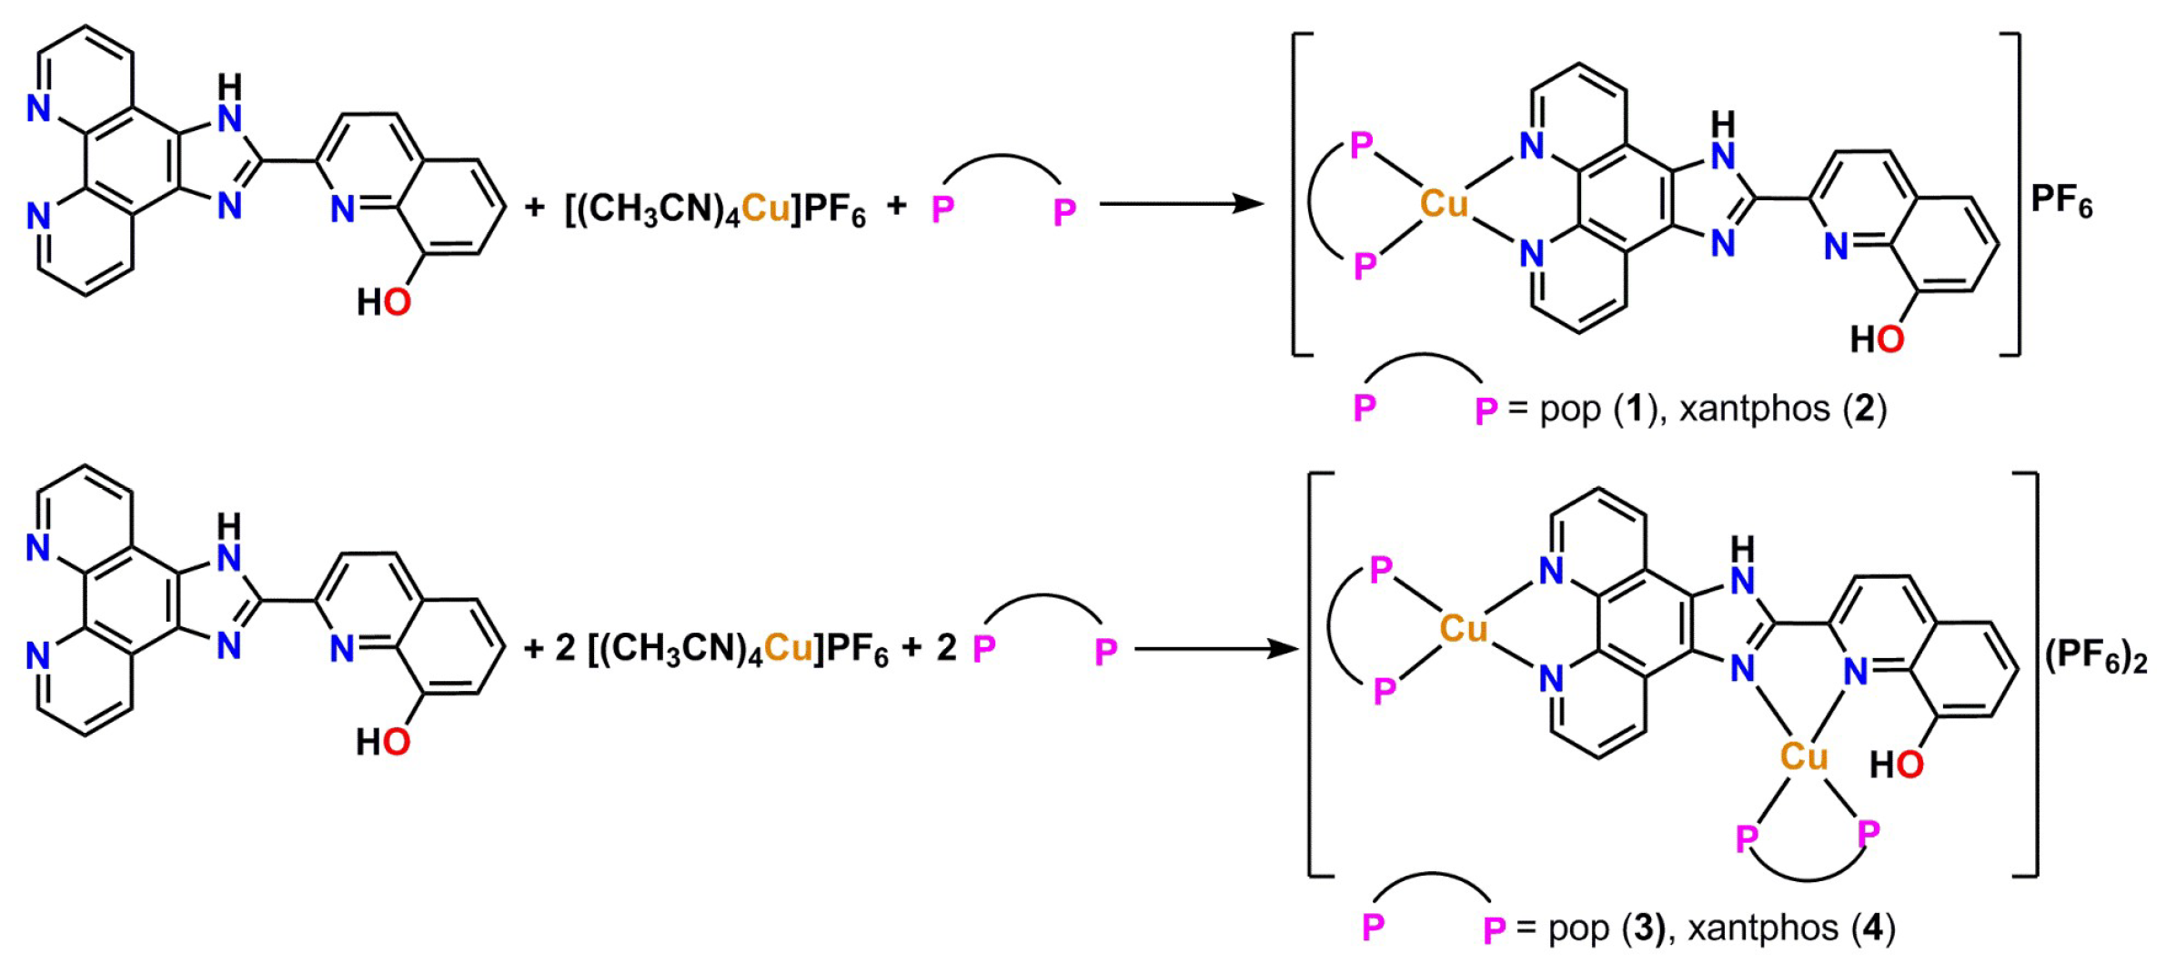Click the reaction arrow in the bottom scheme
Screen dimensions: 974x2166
point(1215,649)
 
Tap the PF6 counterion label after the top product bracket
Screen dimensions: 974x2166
point(2061,200)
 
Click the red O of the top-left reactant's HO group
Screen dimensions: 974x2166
point(397,302)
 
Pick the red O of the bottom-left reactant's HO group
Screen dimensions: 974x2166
point(396,742)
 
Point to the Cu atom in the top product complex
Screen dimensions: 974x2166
point(1445,204)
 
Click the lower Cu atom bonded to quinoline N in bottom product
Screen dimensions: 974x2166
point(1803,756)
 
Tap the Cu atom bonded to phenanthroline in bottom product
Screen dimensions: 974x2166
point(1463,628)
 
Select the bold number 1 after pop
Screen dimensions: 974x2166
point(1635,409)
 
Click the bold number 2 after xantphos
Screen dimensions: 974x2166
point(1865,409)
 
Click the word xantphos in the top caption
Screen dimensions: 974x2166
point(1754,409)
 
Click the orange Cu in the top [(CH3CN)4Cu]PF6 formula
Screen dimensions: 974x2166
point(766,208)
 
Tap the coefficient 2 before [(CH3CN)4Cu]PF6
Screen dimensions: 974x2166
point(565,648)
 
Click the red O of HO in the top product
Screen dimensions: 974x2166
point(1889,340)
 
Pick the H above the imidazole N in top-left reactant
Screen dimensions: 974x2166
point(230,87)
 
